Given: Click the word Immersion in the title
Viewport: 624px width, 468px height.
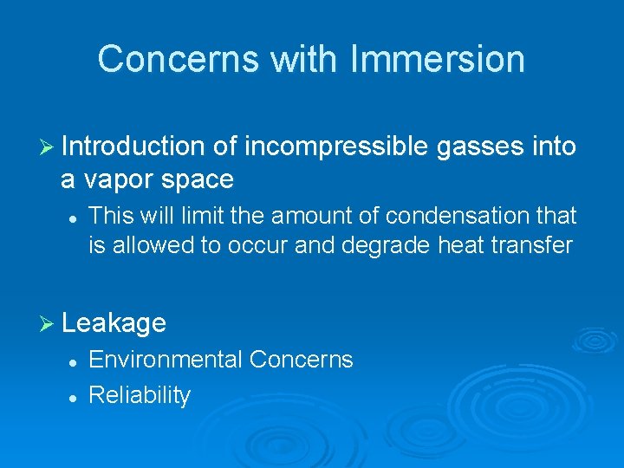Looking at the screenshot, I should pyautogui.click(x=438, y=60).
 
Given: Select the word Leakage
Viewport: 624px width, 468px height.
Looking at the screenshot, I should pyautogui.click(x=114, y=323).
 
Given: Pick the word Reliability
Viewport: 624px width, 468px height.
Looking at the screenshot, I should pyautogui.click(x=140, y=395).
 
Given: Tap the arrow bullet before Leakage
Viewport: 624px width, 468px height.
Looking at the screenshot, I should pyautogui.click(x=49, y=324).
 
